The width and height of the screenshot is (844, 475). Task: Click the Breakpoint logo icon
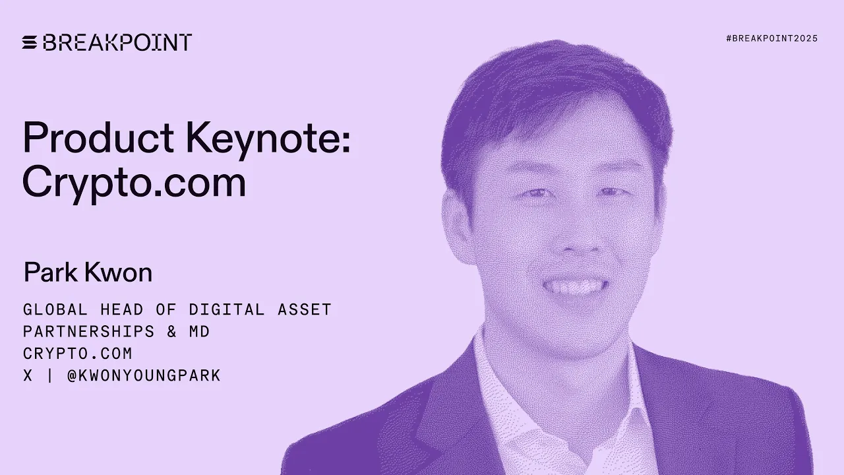click(30, 42)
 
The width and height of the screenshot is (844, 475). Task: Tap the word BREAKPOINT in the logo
click(117, 42)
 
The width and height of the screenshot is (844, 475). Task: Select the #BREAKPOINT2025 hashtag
click(771, 39)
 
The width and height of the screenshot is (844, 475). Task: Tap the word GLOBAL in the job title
click(55, 309)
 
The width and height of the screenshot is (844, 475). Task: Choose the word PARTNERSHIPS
click(88, 331)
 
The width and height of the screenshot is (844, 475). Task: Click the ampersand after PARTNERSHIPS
click(171, 331)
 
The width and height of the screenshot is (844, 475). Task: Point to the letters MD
click(199, 331)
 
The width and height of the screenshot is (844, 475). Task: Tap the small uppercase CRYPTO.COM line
click(77, 354)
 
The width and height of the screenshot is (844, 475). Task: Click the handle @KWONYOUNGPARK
click(144, 376)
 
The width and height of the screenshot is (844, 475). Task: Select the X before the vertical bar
click(28, 376)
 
